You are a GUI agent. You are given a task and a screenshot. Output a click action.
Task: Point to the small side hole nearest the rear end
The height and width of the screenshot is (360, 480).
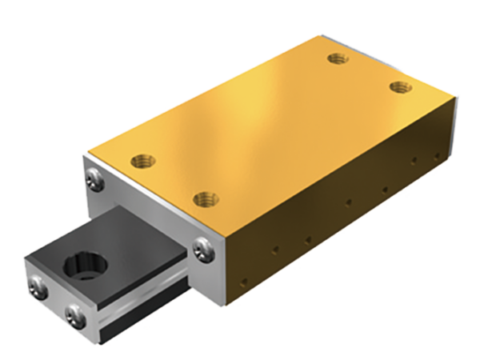coord(438,150)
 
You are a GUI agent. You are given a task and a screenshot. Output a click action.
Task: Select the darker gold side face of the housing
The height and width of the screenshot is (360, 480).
coord(336,208)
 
